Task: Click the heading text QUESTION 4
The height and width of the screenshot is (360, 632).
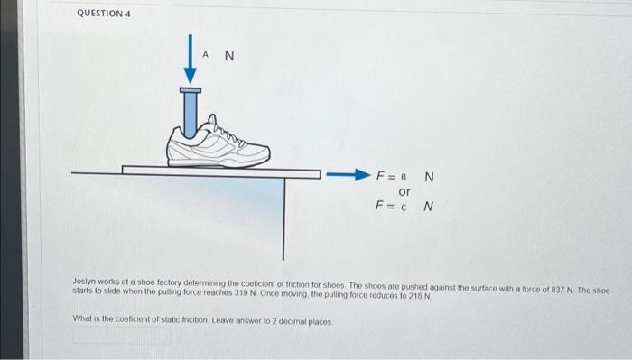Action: [x=105, y=14]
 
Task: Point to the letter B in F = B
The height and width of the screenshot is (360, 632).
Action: [x=404, y=176]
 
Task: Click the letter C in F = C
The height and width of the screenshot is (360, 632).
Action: [x=404, y=207]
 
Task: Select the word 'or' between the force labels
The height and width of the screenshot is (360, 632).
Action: [x=404, y=191]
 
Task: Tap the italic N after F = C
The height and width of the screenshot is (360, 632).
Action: [x=429, y=207]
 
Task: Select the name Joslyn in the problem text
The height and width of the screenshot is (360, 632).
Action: [x=85, y=282]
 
